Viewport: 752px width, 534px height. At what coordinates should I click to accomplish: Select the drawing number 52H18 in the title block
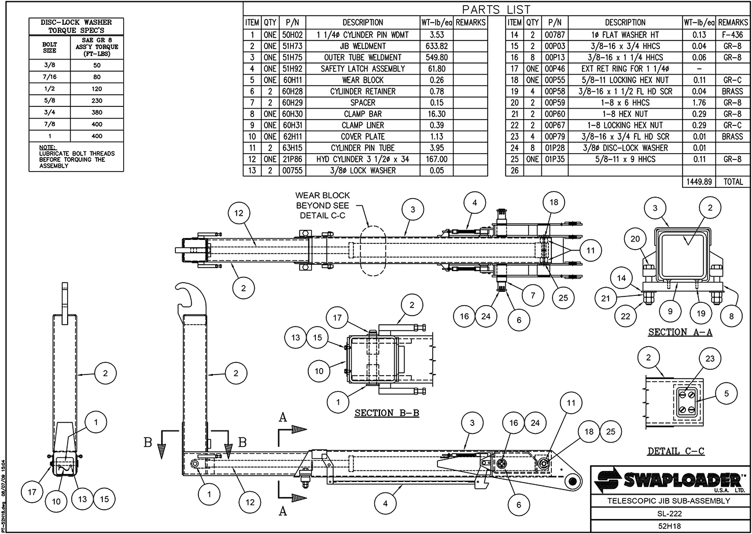668,526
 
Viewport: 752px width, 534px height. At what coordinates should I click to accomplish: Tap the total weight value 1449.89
699,181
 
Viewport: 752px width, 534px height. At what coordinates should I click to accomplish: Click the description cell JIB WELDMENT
363,46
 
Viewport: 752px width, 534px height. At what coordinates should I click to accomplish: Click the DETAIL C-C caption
675,451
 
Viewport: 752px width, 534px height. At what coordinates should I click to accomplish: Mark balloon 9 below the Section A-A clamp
670,311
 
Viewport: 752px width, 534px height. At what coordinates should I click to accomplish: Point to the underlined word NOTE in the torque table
47,147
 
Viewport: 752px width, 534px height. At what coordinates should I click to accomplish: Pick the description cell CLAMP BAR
363,114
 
